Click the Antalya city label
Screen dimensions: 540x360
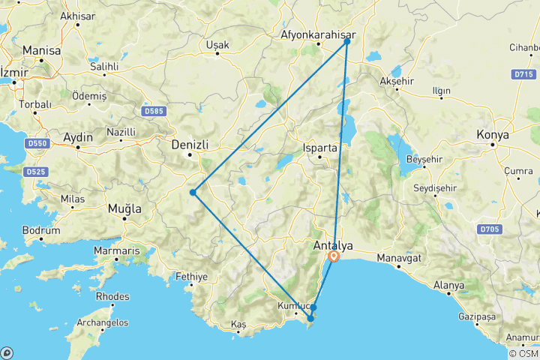click(x=332, y=244)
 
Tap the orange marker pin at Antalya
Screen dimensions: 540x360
click(x=334, y=257)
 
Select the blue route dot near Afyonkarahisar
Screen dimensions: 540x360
click(x=347, y=41)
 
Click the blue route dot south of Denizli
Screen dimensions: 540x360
click(x=193, y=193)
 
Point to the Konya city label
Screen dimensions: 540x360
click(x=493, y=135)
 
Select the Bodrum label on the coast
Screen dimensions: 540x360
click(x=41, y=231)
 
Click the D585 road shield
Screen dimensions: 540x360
click(x=152, y=112)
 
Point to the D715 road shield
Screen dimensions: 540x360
click(x=526, y=74)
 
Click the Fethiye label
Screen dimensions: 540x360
click(x=191, y=277)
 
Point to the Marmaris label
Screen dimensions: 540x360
click(x=116, y=250)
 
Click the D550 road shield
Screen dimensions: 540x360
click(x=36, y=142)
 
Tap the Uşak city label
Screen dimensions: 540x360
click(x=217, y=45)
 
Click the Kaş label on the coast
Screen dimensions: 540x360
click(x=238, y=323)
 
